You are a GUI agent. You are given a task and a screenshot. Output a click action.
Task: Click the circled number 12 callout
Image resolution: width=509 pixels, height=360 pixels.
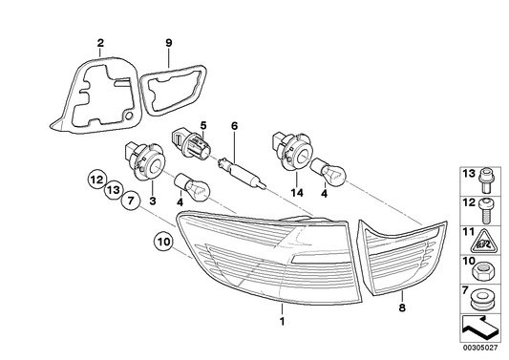[96, 180]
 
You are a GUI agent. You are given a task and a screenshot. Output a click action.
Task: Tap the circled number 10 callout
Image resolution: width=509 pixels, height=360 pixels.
[164, 242]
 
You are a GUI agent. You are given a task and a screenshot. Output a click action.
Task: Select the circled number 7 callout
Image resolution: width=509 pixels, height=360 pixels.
[131, 201]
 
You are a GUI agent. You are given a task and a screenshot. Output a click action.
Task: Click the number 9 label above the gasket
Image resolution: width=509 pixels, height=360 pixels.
[168, 43]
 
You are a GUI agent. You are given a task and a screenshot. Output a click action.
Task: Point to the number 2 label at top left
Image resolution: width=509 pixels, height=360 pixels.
[100, 43]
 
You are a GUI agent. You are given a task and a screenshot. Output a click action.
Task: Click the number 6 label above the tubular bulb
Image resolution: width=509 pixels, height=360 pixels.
[234, 126]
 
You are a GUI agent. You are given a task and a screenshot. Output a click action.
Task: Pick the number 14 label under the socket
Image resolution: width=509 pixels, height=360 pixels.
[297, 193]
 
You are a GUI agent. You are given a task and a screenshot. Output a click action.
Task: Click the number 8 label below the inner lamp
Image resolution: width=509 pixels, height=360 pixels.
[402, 307]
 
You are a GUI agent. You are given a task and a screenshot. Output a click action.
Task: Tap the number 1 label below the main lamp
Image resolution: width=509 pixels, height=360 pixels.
[282, 322]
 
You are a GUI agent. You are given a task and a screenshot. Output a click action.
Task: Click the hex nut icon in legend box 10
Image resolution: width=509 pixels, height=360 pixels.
[480, 272]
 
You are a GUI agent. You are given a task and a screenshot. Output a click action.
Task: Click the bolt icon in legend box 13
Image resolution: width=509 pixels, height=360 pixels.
[485, 180]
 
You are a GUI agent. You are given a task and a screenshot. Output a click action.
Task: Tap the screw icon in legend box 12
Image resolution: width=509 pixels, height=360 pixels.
[485, 210]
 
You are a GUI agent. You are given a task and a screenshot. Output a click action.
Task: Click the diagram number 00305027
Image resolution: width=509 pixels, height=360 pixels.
[481, 348]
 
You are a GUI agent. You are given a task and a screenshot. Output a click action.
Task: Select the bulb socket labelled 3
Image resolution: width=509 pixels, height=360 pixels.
[145, 160]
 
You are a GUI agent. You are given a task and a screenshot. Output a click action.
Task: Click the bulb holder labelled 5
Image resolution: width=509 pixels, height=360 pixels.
[191, 143]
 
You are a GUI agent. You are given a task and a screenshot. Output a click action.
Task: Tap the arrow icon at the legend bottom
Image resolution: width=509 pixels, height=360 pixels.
[478, 328]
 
